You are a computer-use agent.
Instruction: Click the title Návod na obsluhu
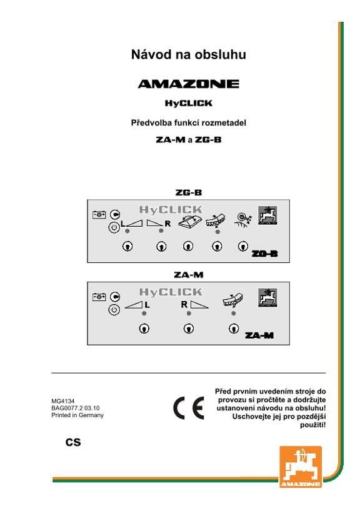click(x=189, y=54)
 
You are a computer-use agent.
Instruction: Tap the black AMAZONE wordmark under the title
click(x=189, y=84)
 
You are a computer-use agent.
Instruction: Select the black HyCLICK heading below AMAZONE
click(x=189, y=103)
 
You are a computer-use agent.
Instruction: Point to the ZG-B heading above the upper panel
click(x=189, y=192)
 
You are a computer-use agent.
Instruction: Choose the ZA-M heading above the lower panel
click(x=189, y=275)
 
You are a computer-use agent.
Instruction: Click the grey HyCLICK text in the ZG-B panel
click(x=171, y=210)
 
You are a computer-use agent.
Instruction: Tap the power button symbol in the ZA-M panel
click(x=114, y=310)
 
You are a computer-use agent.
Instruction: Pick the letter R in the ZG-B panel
click(x=167, y=224)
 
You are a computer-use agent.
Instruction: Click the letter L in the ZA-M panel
click(x=147, y=305)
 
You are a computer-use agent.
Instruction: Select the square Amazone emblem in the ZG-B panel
click(x=267, y=215)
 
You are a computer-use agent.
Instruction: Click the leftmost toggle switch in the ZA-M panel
click(x=144, y=329)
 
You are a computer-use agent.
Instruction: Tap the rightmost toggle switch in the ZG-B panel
click(x=242, y=247)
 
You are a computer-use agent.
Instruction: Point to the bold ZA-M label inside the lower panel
click(x=259, y=335)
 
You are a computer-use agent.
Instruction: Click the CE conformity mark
click(x=189, y=408)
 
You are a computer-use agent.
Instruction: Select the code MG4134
click(x=62, y=401)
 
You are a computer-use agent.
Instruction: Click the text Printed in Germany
click(x=77, y=415)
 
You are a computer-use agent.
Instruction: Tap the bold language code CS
click(x=73, y=442)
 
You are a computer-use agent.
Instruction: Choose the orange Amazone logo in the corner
click(x=301, y=467)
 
